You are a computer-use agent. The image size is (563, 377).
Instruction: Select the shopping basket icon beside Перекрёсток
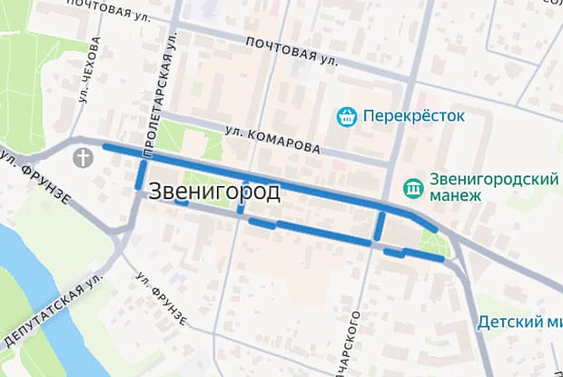tap(345, 116)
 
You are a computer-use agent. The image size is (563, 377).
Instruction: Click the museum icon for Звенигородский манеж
tap(414, 188)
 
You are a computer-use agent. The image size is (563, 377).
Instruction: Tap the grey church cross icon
tap(84, 157)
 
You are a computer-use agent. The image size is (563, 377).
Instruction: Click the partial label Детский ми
tap(518, 322)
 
